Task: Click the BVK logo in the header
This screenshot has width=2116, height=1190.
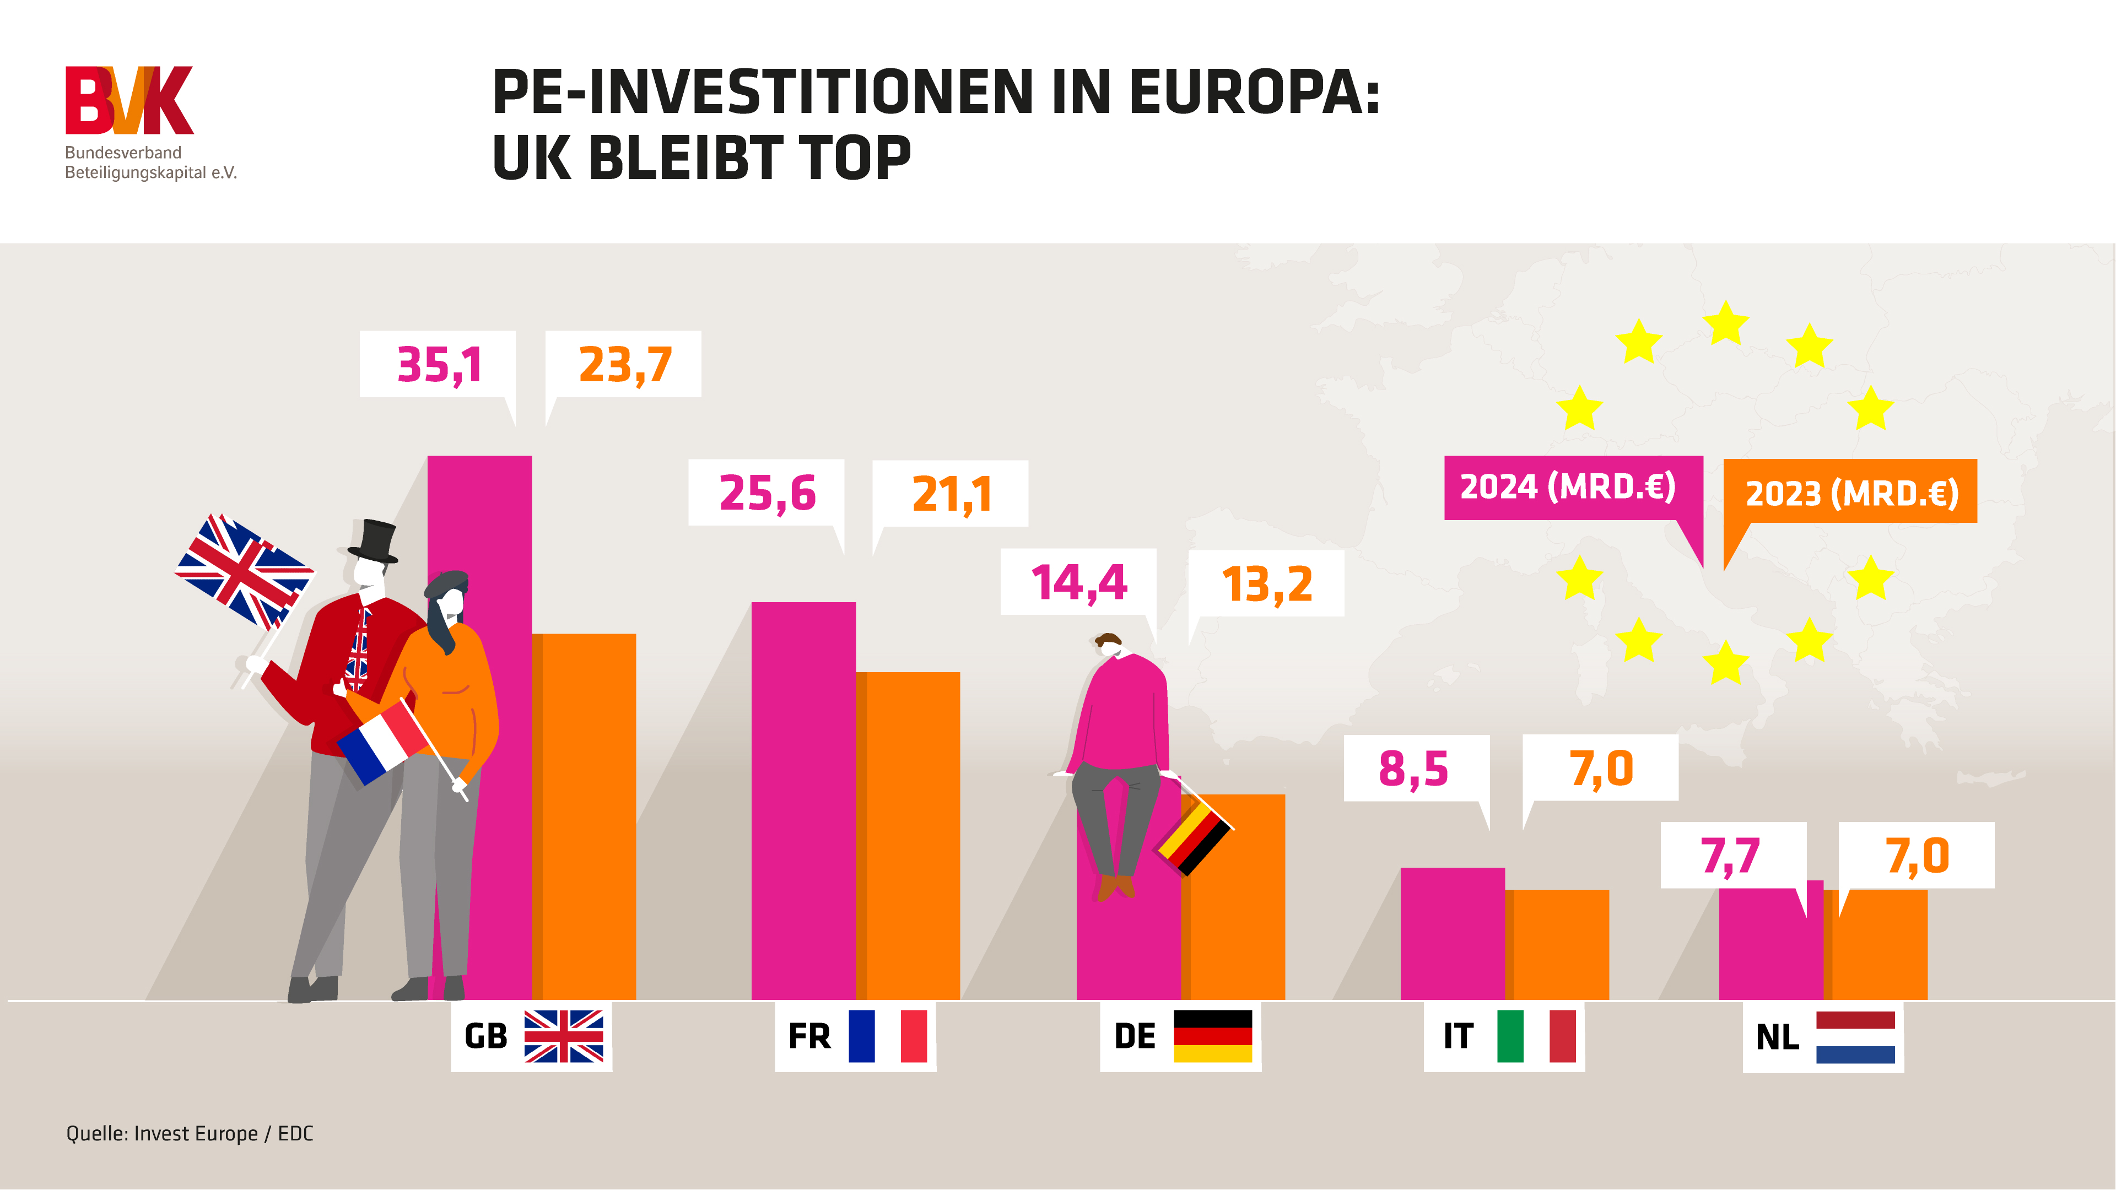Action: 129,100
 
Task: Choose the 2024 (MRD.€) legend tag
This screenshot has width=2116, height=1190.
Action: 1567,487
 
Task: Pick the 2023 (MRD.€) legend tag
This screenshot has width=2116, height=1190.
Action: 1851,492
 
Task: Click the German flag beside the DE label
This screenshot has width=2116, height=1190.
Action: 1212,1036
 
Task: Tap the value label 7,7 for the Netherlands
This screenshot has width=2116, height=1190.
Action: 1731,856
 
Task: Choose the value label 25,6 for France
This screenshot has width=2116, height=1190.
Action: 766,493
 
